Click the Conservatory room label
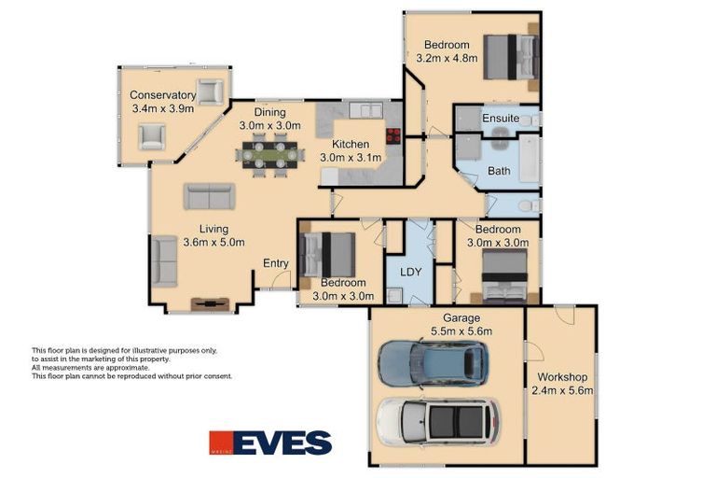point(162,95)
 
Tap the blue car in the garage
point(431,363)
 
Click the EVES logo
point(270,442)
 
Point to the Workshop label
point(561,377)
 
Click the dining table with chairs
point(270,154)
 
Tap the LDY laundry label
point(410,273)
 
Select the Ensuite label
point(501,119)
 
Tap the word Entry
point(275,263)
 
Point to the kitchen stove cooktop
point(393,134)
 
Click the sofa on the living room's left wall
point(164,260)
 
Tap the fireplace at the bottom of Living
point(210,302)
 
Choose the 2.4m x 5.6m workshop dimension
point(562,390)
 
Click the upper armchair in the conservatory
point(211,91)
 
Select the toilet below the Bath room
point(526,204)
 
